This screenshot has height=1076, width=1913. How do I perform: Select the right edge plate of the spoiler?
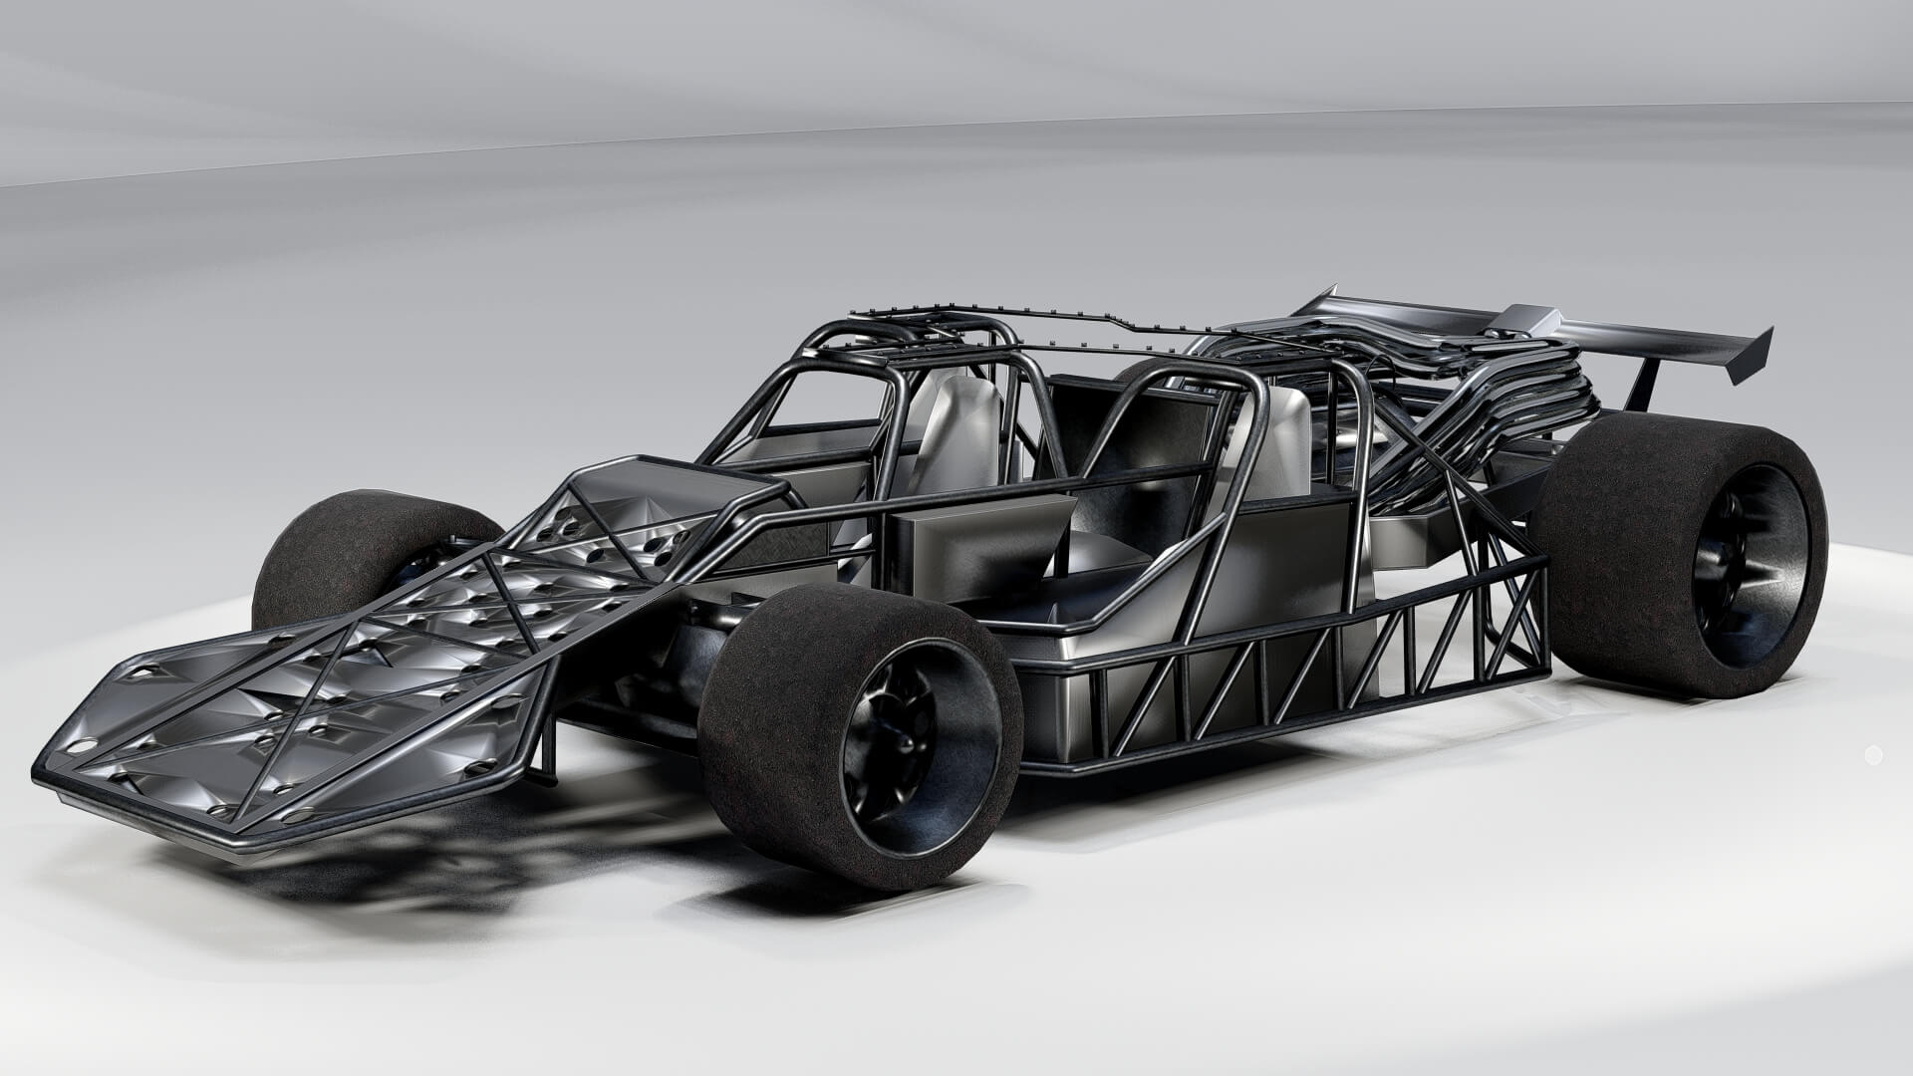(x=1752, y=354)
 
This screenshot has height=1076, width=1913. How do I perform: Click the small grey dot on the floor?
(x=1873, y=754)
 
